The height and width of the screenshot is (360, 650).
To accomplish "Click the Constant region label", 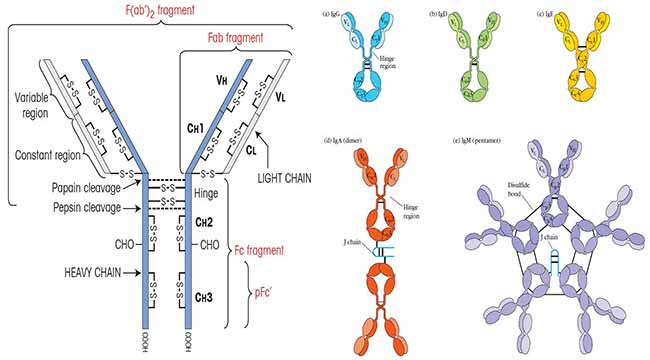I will pyautogui.click(x=50, y=156).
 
